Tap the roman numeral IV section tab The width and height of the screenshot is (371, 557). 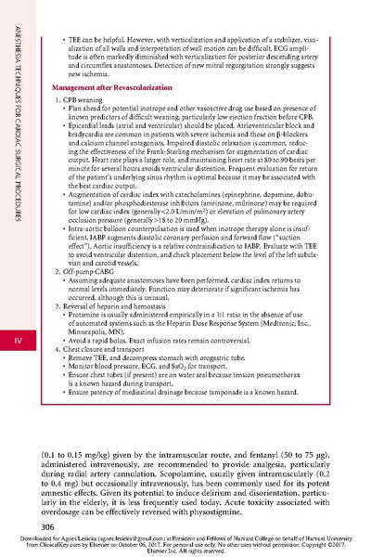coord(16,343)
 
